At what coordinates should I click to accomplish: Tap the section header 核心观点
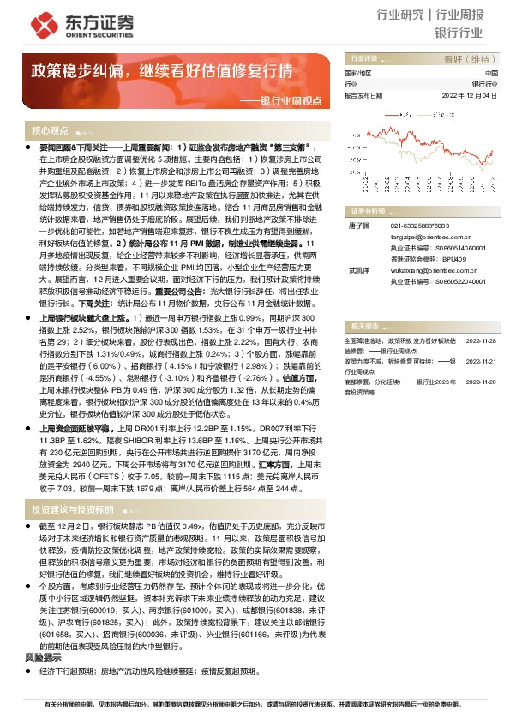[50, 130]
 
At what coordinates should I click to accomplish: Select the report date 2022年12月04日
[471, 95]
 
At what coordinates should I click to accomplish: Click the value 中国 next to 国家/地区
[490, 74]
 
